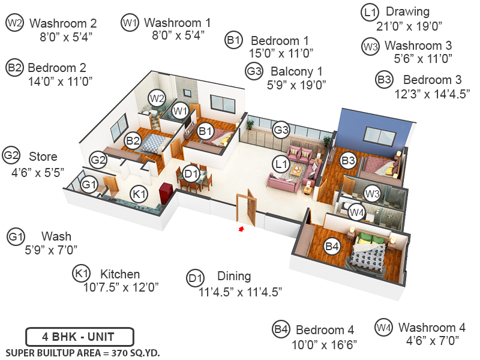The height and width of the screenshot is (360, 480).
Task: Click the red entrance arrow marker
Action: click(241, 229)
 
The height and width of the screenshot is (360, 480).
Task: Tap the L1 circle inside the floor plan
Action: click(280, 163)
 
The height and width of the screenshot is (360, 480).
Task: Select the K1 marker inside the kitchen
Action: click(139, 194)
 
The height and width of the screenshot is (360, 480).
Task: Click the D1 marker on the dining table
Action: click(191, 175)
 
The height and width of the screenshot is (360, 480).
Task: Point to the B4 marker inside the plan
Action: click(332, 245)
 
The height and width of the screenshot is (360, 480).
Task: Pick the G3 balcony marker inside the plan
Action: click(281, 130)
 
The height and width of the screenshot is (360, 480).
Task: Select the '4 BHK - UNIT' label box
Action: click(79, 337)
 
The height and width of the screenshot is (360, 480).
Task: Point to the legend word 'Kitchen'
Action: click(120, 274)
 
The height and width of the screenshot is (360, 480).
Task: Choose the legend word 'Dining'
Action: click(234, 277)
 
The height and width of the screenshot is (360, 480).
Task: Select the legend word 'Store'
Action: click(43, 157)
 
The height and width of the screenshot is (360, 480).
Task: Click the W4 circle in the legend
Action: click(383, 328)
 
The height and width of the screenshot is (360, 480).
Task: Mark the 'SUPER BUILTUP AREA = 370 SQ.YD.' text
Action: click(83, 353)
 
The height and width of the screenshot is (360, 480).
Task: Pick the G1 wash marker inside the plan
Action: click(89, 185)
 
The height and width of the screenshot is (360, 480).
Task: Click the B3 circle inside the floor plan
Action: click(348, 160)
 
